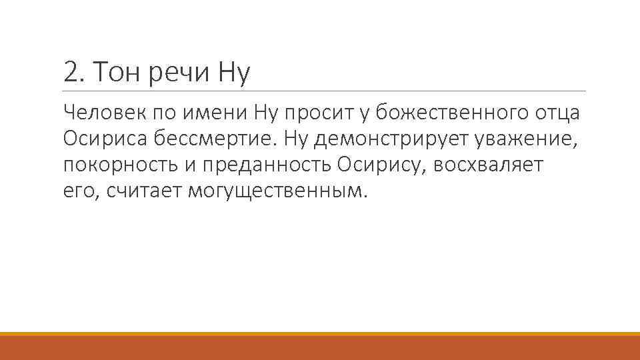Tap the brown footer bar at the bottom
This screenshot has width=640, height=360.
pos(320,347)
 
